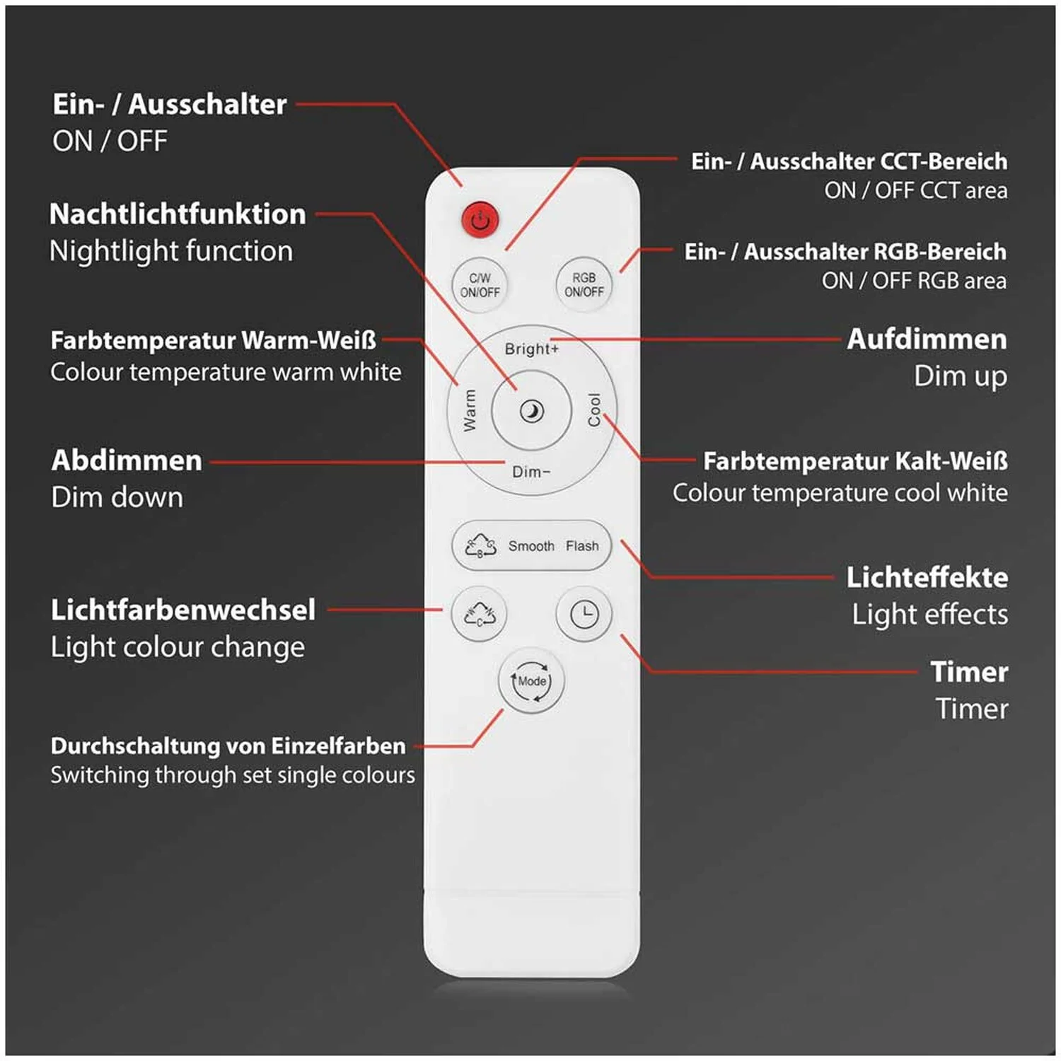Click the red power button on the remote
(480, 220)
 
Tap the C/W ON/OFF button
(480, 285)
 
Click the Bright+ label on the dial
(531, 349)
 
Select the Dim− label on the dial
(531, 472)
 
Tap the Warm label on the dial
(469, 410)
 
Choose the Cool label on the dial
(594, 410)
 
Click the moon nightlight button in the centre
(531, 410)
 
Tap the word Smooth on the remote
(531, 546)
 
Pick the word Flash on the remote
(581, 546)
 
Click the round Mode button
(531, 681)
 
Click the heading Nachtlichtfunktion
(178, 214)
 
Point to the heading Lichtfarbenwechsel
(182, 610)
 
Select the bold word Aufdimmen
(927, 340)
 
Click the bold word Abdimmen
(127, 460)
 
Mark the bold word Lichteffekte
(927, 578)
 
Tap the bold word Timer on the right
(969, 672)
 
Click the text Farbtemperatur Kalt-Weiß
(855, 461)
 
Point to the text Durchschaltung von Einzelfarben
(228, 746)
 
